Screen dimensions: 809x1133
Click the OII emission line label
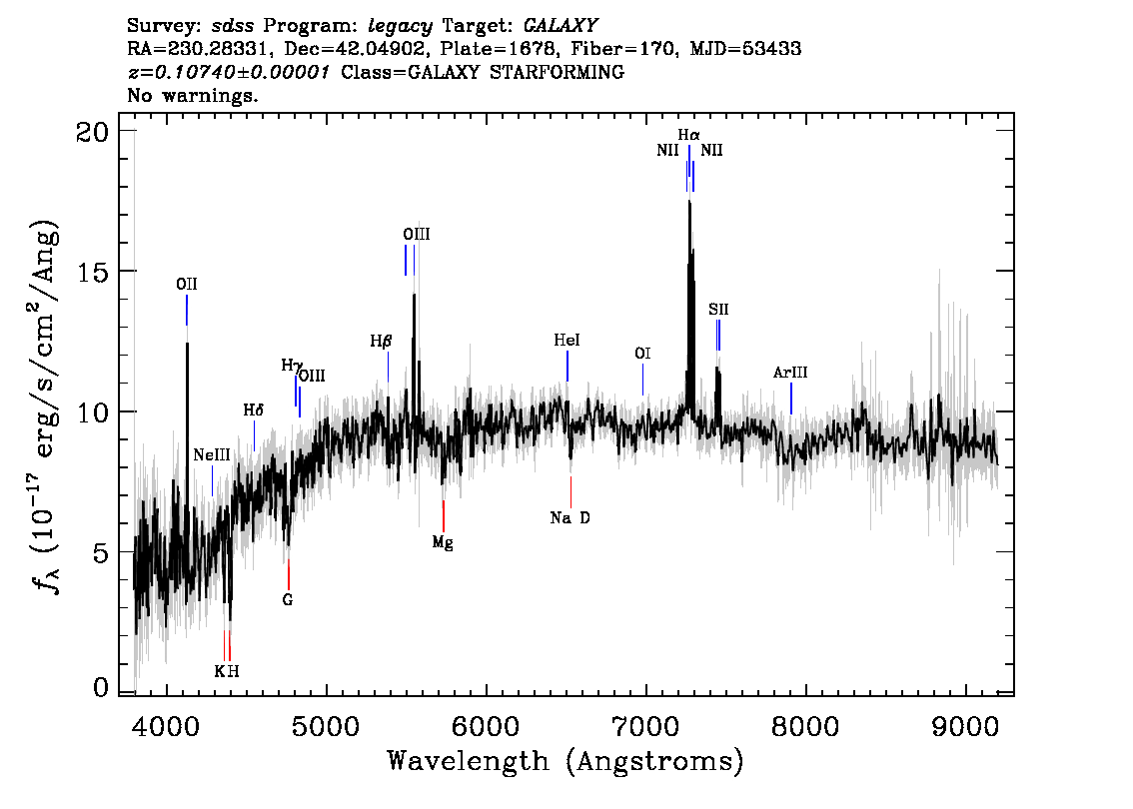pos(187,285)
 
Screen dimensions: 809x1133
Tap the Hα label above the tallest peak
pos(688,135)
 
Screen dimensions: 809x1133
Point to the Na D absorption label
pos(570,517)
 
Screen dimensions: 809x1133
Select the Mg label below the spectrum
pos(443,542)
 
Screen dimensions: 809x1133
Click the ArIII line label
pos(790,373)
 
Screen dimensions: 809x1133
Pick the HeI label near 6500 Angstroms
pos(566,341)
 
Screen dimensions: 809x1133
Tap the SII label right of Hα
pos(718,310)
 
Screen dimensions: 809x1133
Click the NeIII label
pos(212,454)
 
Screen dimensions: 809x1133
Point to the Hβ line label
pos(381,342)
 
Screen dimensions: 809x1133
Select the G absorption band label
pos(288,600)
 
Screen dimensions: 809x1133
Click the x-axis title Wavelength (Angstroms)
pos(566,762)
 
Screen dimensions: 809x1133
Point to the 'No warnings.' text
pos(193,96)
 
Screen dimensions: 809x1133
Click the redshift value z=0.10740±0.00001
pos(231,73)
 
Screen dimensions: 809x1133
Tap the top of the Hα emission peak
pos(688,203)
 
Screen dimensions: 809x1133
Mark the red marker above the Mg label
pos(443,515)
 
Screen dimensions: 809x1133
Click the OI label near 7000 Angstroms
pos(642,354)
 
